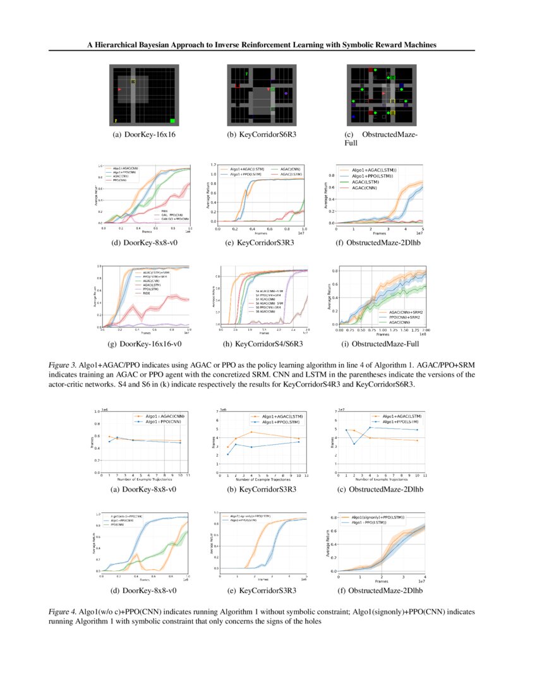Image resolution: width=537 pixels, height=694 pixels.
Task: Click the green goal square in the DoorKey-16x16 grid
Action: click(172, 120)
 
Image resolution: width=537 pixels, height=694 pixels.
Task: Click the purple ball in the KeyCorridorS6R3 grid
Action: click(286, 93)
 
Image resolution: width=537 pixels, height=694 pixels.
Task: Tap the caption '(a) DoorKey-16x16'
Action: click(143, 136)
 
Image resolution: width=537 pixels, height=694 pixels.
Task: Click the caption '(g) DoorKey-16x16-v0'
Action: click(143, 344)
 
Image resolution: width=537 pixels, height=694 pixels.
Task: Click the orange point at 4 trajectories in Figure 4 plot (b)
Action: click(251, 432)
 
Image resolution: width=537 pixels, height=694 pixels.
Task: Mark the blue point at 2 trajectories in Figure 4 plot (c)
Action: click(354, 444)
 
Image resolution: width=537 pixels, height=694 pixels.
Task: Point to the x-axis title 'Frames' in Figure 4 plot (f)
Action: click(381, 580)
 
